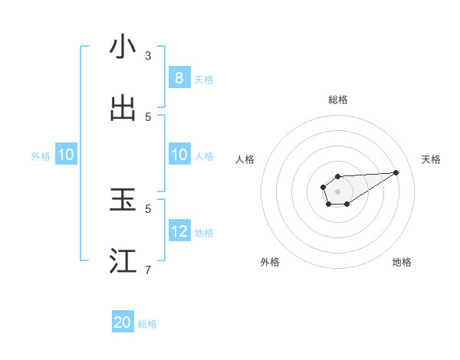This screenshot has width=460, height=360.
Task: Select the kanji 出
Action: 123,108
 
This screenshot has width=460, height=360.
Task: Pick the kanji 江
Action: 123,261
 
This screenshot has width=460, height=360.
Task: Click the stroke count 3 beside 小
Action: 148,56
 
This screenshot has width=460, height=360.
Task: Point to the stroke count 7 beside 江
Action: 148,270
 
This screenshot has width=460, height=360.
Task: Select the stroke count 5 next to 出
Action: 148,116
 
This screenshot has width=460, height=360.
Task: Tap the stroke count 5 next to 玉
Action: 148,208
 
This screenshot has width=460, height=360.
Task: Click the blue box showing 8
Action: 179,78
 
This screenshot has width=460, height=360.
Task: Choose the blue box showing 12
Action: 179,231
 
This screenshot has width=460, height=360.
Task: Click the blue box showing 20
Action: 123,322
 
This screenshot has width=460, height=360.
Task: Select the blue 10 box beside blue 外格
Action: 66,155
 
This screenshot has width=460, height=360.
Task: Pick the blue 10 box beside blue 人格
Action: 179,155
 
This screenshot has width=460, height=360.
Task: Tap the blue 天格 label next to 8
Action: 204,80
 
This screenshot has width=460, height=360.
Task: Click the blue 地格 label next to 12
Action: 204,233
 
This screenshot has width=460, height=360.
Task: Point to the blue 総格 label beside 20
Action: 147,324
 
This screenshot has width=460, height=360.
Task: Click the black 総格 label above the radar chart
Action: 337,100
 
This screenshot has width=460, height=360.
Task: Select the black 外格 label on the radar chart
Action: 270,262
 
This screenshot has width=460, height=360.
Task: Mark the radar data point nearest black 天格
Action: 396,172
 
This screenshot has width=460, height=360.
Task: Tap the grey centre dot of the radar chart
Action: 337,191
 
